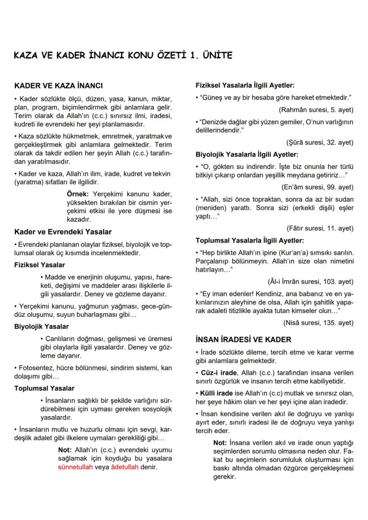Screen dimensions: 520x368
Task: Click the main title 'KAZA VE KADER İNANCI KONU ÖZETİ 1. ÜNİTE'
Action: pos(123,56)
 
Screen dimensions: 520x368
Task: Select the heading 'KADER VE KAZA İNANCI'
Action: pos(58,85)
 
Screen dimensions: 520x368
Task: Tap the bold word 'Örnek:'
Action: pos(78,194)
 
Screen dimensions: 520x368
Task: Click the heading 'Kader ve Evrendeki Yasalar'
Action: pos(63,232)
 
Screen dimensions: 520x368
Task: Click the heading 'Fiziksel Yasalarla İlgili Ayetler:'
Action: pos(245,85)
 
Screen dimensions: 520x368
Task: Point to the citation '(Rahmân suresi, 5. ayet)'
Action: pos(316,109)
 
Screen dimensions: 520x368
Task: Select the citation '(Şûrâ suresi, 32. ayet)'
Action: pos(320,143)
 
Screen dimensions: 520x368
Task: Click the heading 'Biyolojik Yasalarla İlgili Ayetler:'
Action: pos(247,155)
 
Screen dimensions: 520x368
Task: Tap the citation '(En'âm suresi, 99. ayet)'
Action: pos(317,188)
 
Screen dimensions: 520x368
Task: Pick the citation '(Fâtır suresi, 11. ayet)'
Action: pos(320,228)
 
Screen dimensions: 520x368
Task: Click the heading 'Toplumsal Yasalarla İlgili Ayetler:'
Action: pos(250,240)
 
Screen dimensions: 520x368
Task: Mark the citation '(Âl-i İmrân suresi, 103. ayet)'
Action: pos(310,282)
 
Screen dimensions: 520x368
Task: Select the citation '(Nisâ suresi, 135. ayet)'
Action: pos(318,323)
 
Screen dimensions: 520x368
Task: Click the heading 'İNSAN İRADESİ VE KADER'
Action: pos(244,340)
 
